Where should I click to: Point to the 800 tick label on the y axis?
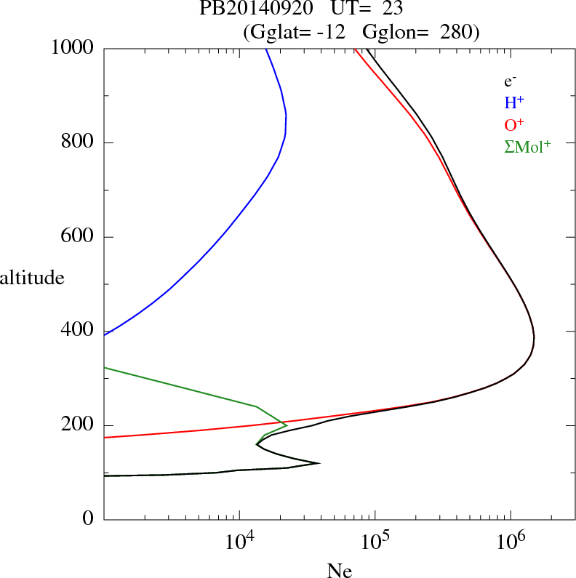79,143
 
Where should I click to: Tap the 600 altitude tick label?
79,237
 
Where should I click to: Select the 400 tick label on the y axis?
79,331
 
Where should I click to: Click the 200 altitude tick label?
79,425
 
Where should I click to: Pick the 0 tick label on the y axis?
89,520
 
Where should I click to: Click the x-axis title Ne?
339,571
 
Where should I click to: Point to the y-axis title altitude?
32,278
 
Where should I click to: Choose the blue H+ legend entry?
513,103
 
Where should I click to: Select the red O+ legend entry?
513,125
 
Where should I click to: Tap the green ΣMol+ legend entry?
527,147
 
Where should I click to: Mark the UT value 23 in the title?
392,9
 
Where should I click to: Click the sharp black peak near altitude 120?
319,463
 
